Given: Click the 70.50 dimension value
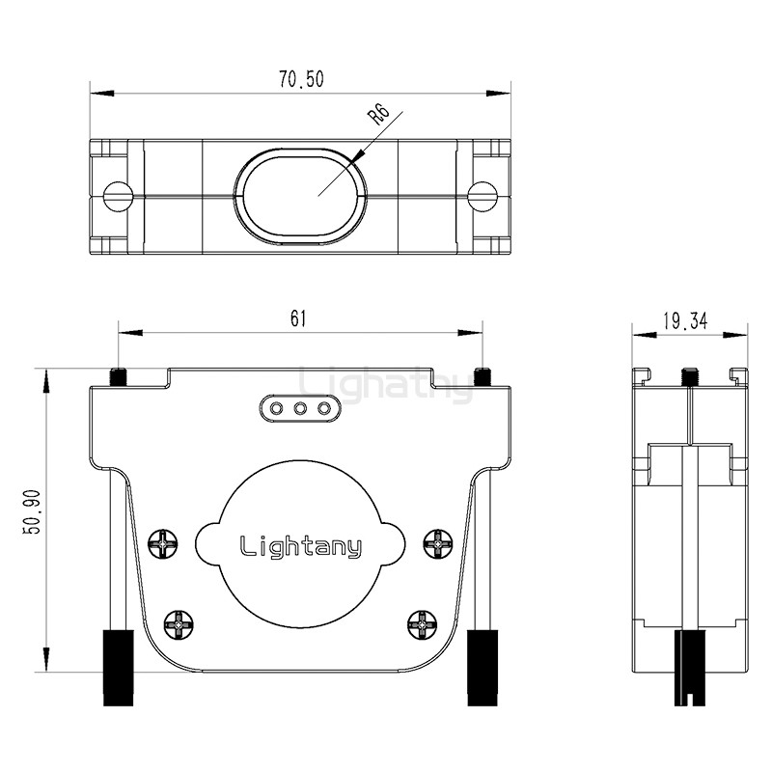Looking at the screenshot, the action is pyautogui.click(x=301, y=79).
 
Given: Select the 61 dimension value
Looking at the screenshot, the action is pyautogui.click(x=298, y=318).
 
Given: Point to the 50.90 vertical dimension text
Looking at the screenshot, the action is pyautogui.click(x=34, y=511).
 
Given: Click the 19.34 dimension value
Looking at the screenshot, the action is pyautogui.click(x=685, y=321).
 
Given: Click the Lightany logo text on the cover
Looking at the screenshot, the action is pyautogui.click(x=301, y=545).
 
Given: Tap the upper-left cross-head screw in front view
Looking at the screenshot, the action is pyautogui.click(x=163, y=544).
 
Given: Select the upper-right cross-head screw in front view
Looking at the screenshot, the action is pyautogui.click(x=438, y=544).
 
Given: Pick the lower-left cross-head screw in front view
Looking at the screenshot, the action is pyautogui.click(x=179, y=624).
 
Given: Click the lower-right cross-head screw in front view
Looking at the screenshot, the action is pyautogui.click(x=423, y=624).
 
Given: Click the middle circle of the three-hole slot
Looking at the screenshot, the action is pyautogui.click(x=300, y=408).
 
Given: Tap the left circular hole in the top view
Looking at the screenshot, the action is pyautogui.click(x=118, y=197).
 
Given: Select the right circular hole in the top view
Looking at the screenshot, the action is pyautogui.click(x=482, y=197).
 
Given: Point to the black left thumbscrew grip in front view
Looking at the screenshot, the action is pyautogui.click(x=118, y=667).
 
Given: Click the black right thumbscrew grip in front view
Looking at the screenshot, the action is pyautogui.click(x=482, y=667).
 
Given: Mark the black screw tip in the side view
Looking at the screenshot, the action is pyautogui.click(x=689, y=668).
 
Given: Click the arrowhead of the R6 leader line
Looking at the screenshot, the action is pyautogui.click(x=358, y=155).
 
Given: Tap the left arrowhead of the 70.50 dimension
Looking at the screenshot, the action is pyautogui.click(x=102, y=93).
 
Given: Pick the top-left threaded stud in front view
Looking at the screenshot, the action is pyautogui.click(x=118, y=376).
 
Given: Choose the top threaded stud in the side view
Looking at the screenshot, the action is pyautogui.click(x=689, y=376).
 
